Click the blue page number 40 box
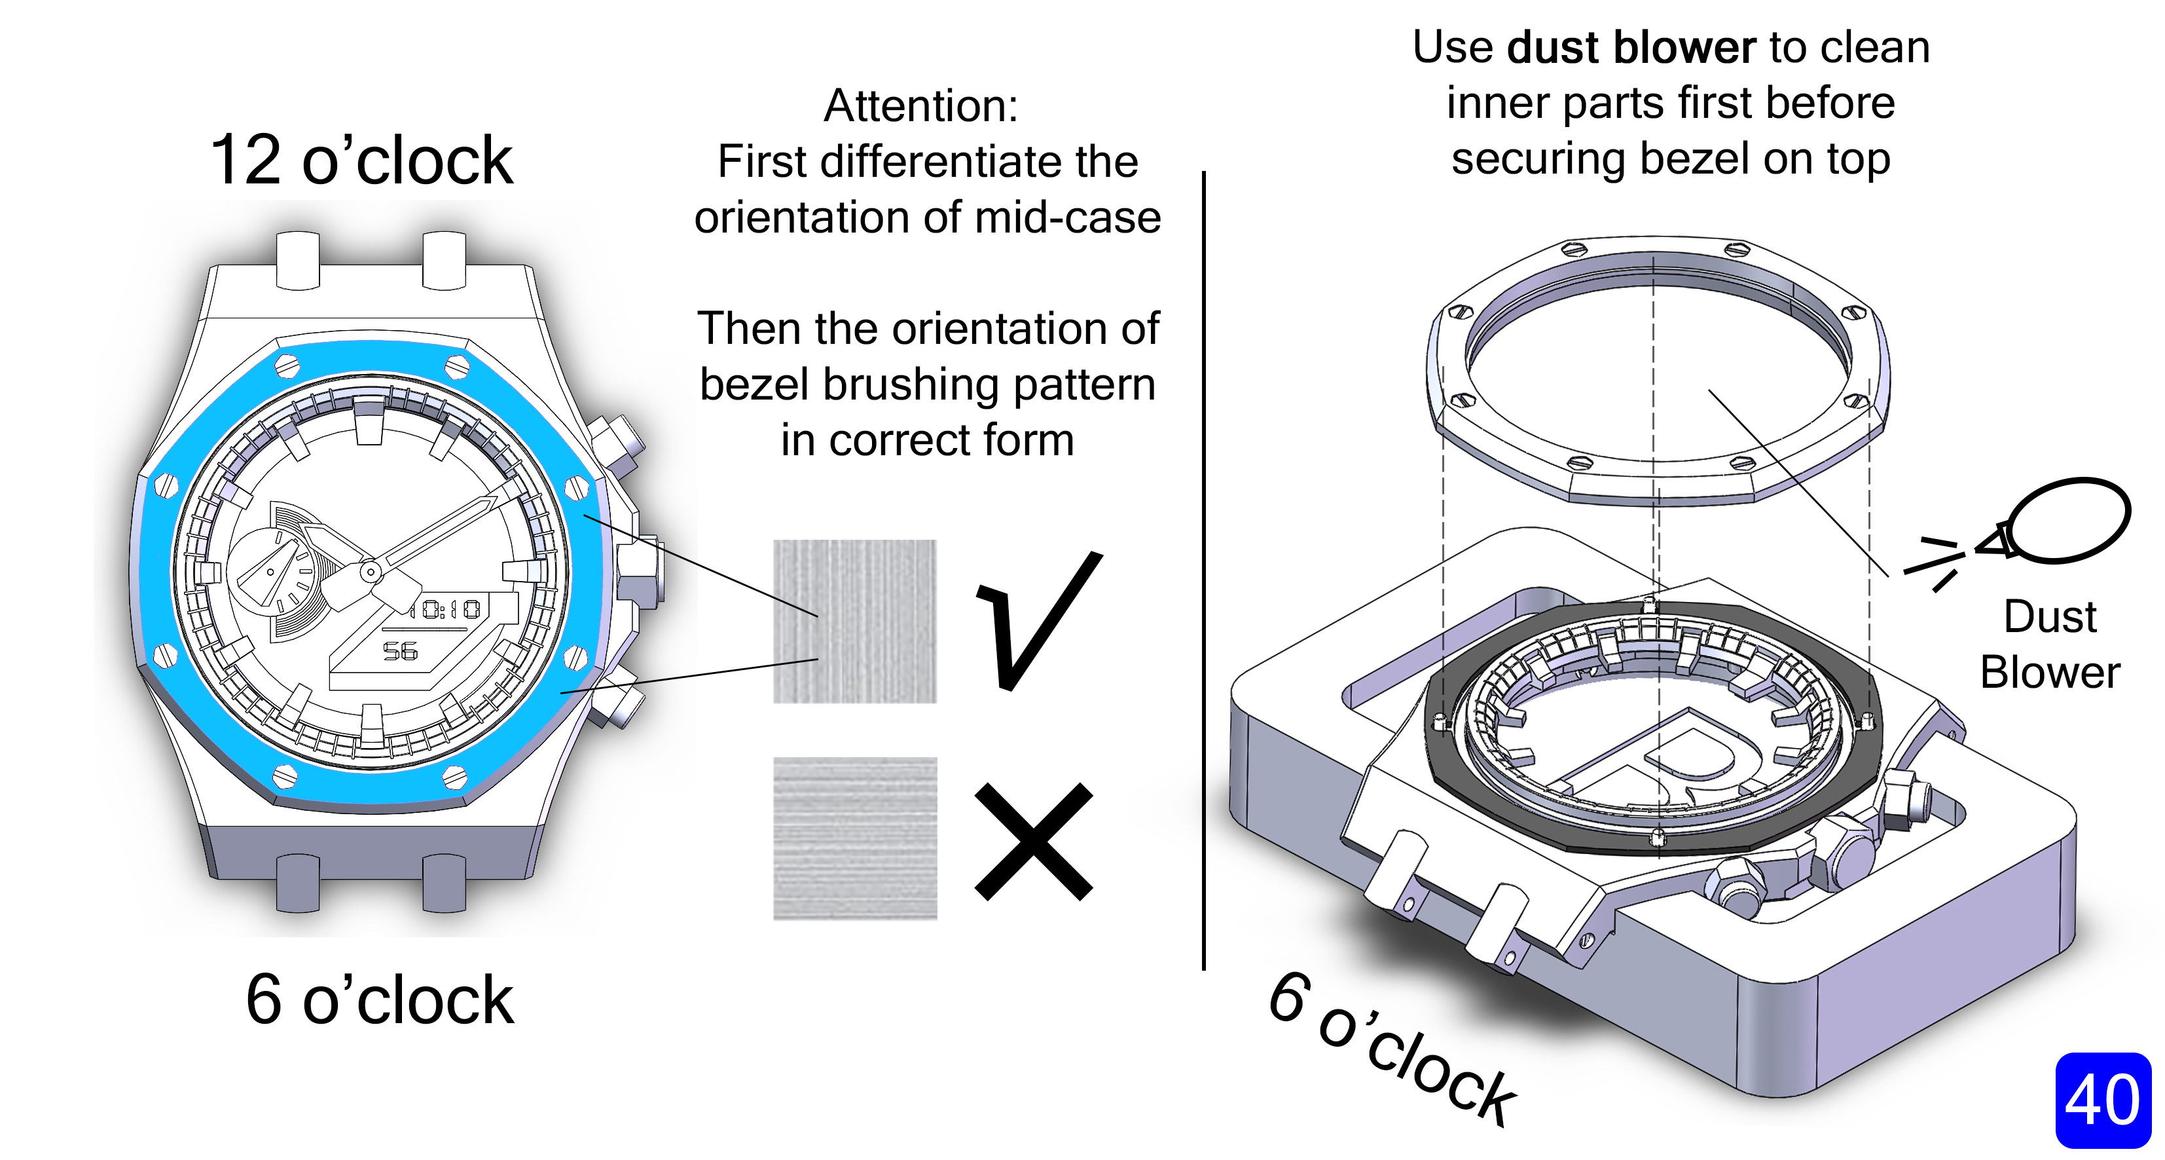2102,1100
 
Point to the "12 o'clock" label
361,160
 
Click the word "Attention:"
920,106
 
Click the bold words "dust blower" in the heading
1631,47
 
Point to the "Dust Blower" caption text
2050,645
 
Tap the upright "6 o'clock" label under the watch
379,1000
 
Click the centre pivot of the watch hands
370,572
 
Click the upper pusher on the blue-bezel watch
618,441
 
